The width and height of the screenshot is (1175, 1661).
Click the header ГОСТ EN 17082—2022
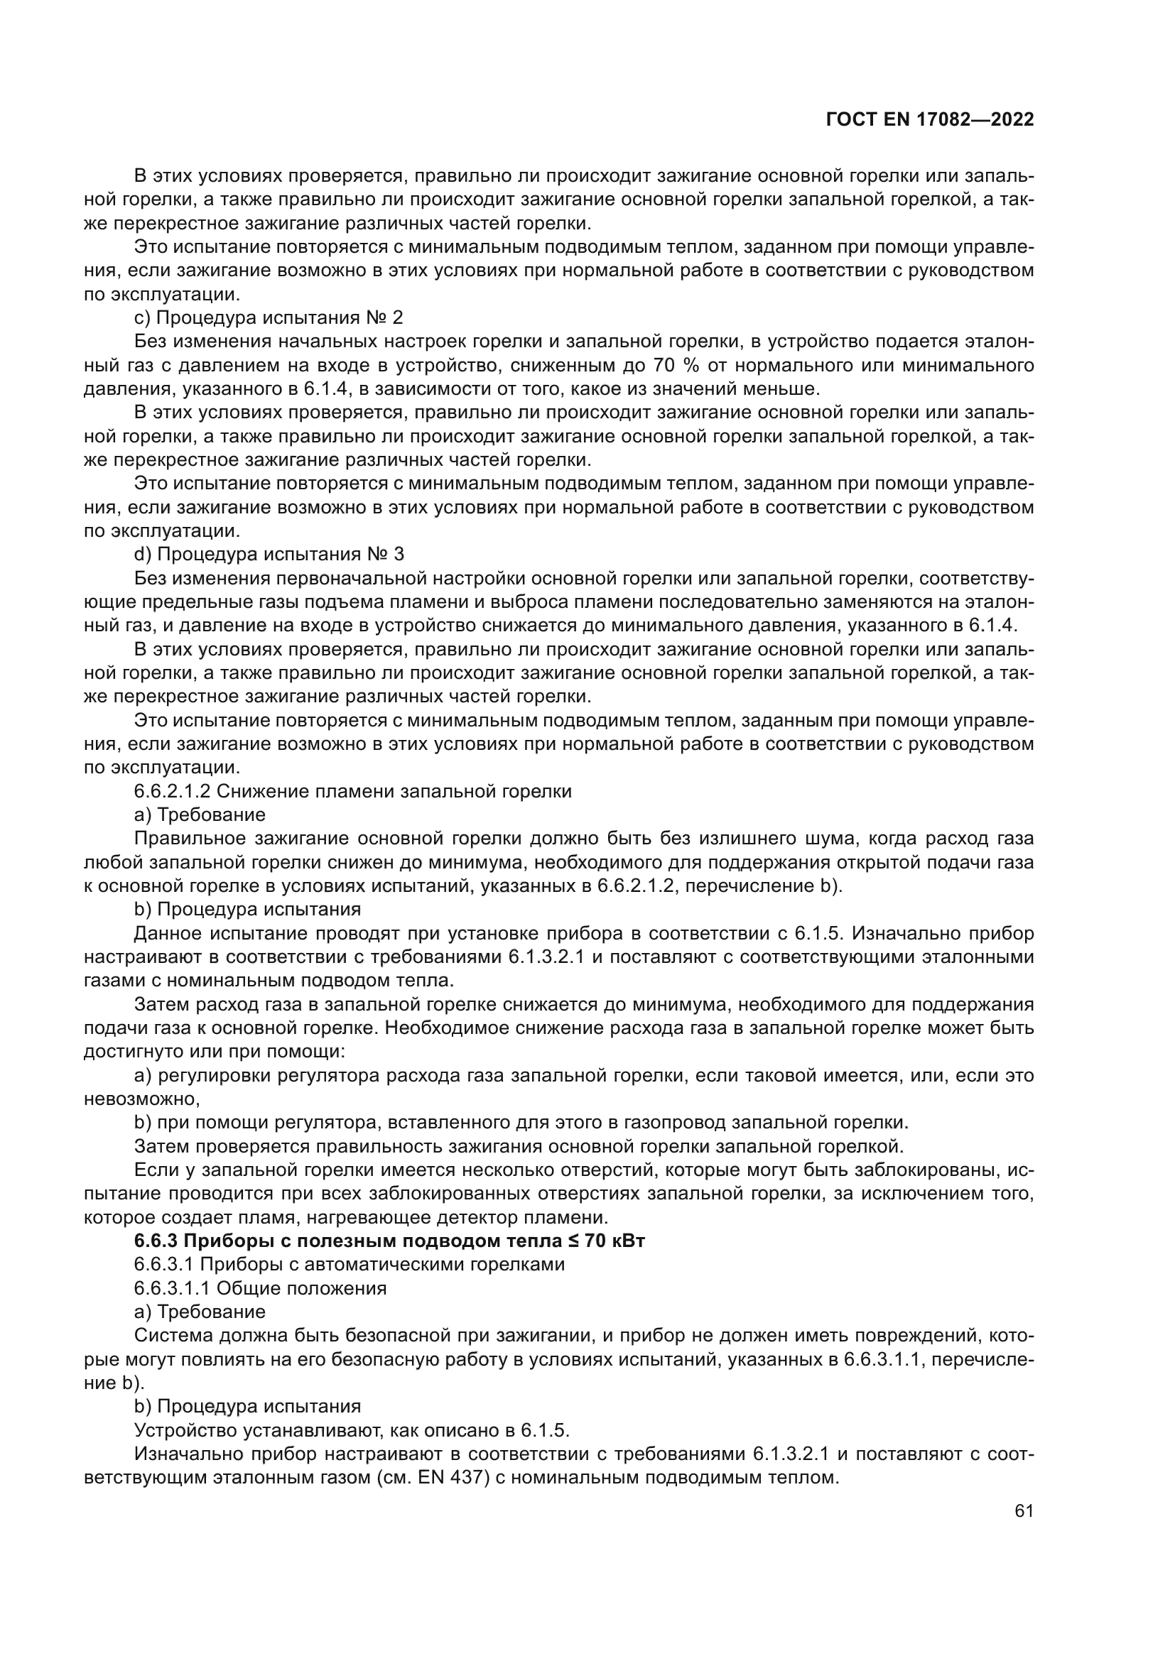(930, 120)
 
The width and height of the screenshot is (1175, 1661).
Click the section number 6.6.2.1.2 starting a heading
(172, 790)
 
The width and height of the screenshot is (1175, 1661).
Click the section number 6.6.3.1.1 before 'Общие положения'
(172, 1287)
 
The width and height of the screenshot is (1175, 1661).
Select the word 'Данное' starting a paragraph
(166, 933)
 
